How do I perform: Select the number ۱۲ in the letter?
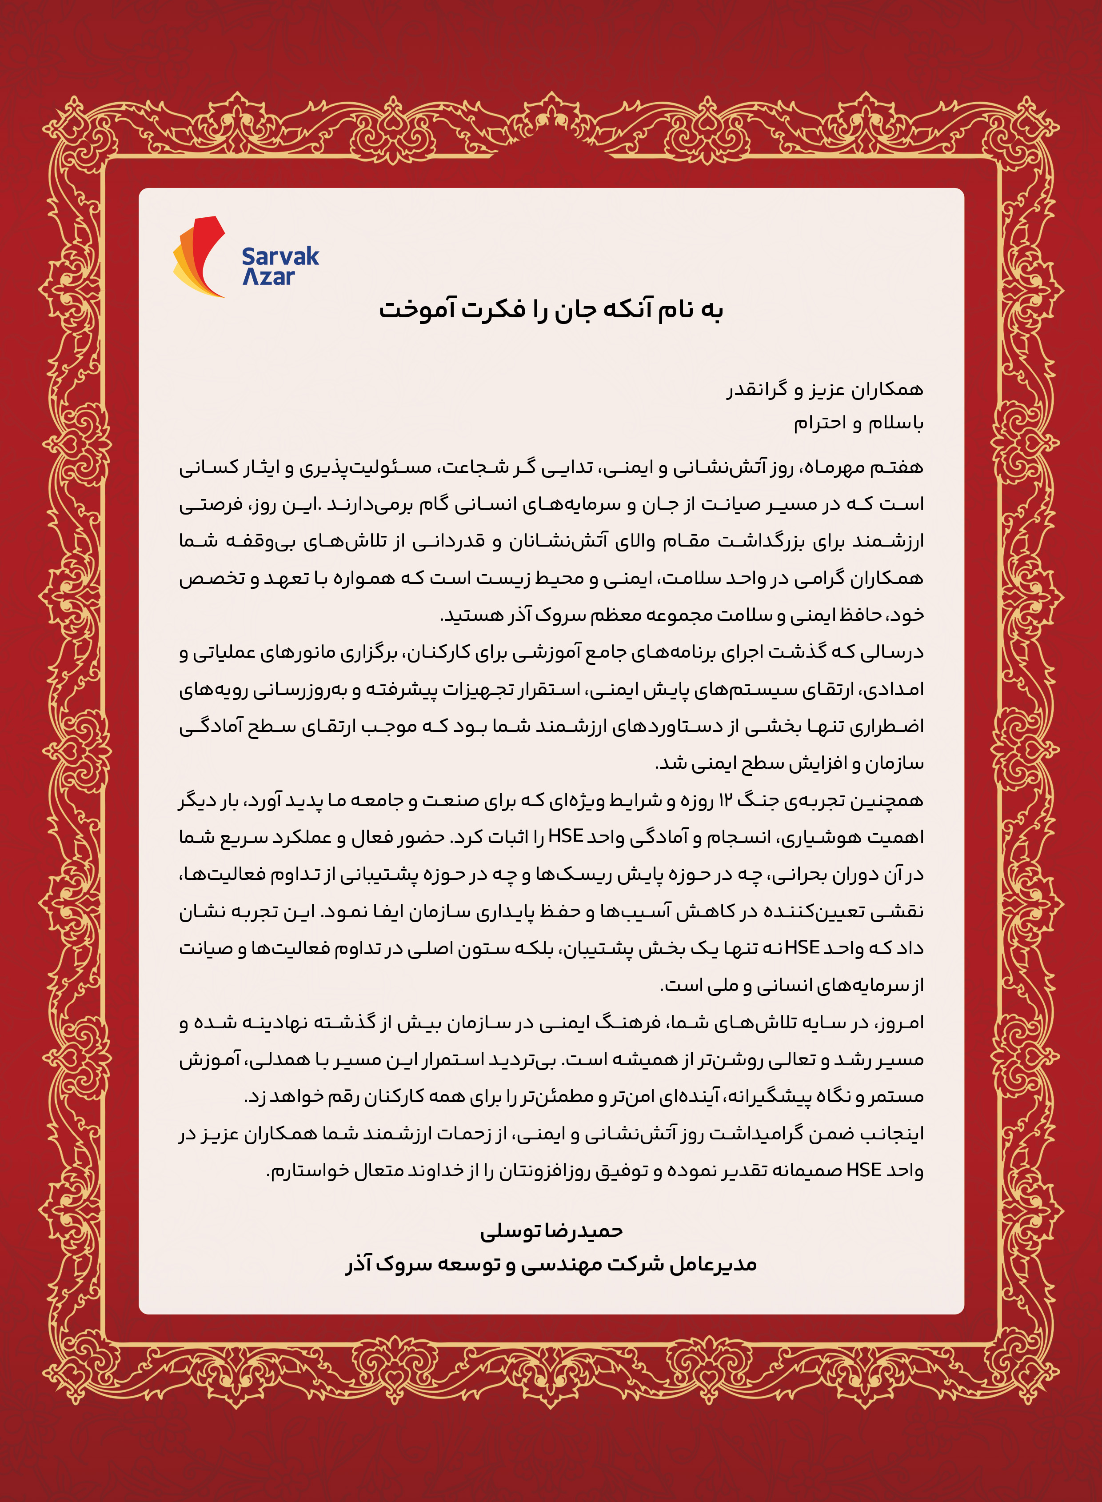pyautogui.click(x=725, y=800)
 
